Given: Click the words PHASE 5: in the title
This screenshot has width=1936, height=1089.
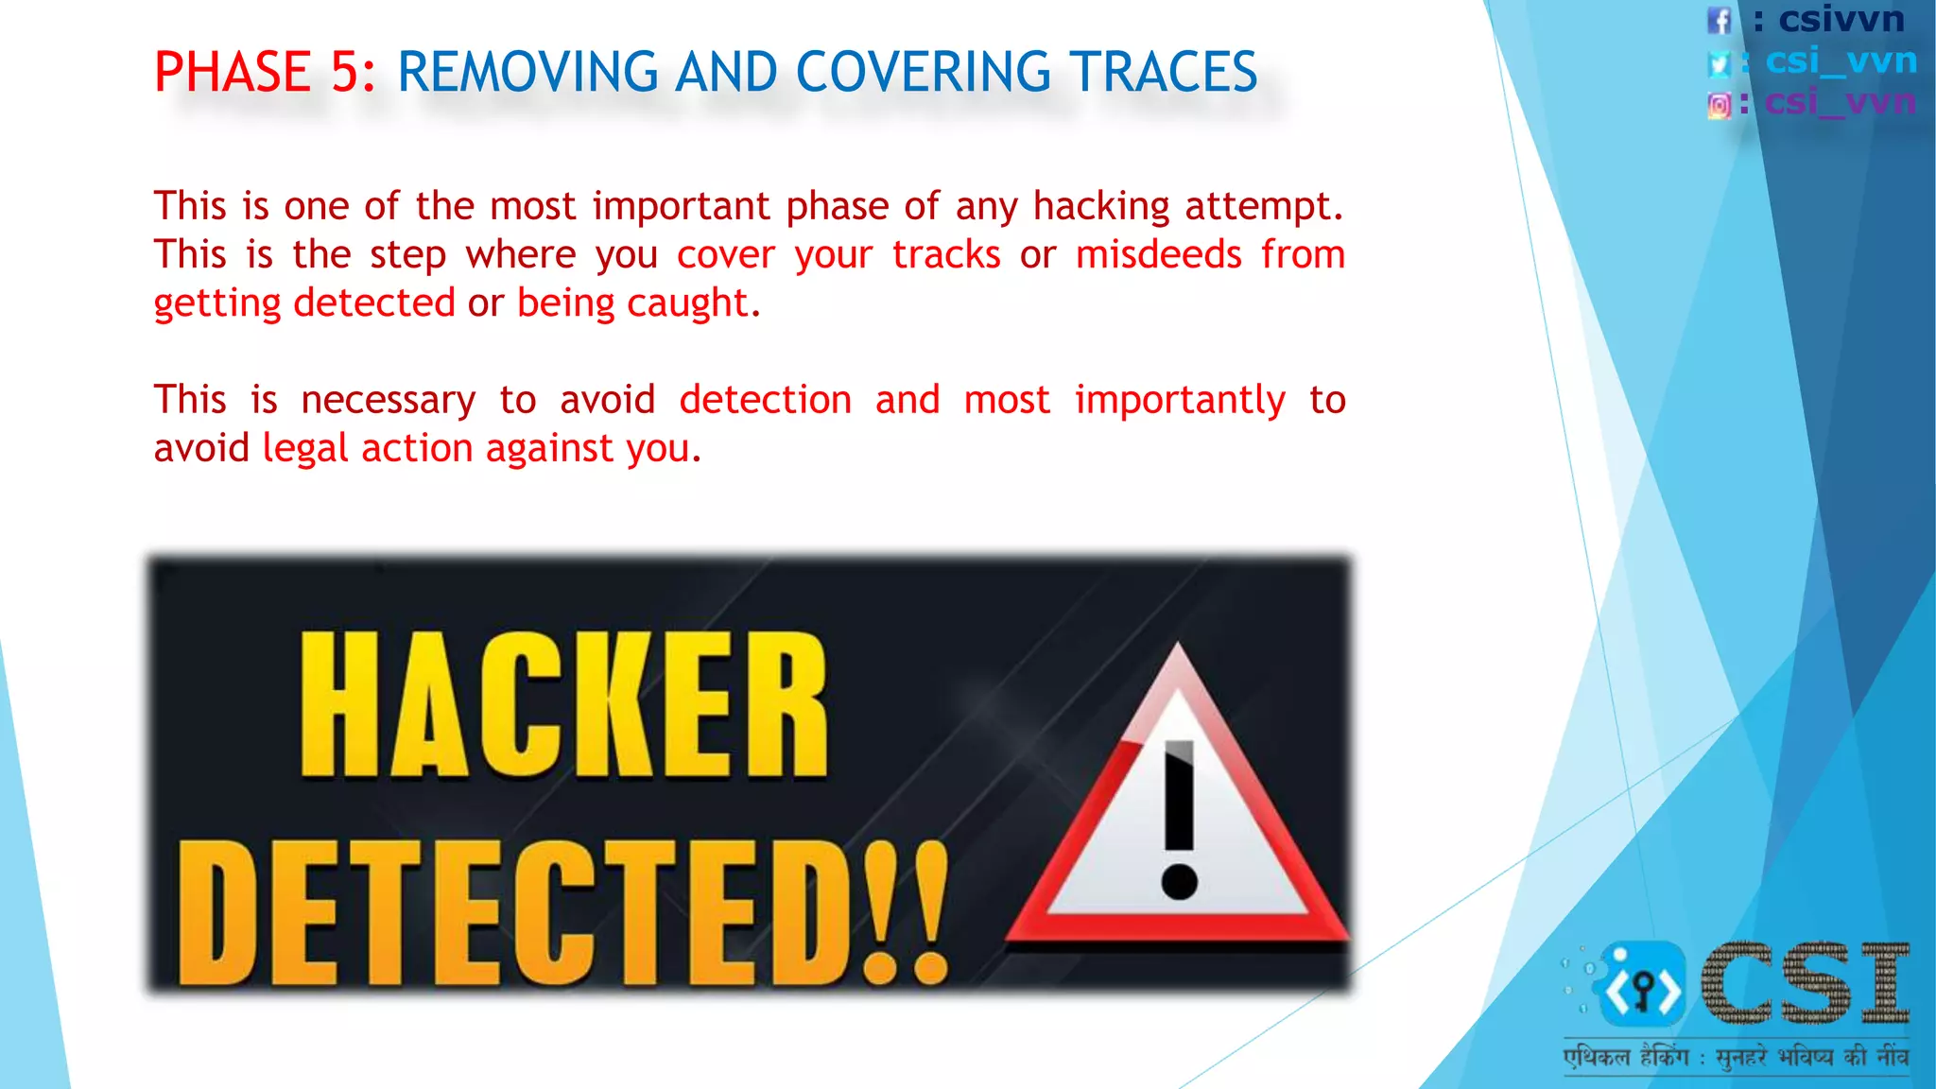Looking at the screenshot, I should point(264,73).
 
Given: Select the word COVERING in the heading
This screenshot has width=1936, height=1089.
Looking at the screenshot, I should point(922,73).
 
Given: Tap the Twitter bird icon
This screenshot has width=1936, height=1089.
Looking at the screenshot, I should point(1719,63).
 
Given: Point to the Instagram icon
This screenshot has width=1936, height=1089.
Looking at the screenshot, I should point(1719,105).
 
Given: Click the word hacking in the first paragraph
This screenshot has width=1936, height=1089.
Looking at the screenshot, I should point(1100,206).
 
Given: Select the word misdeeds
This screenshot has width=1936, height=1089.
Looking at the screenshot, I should point(1158,254).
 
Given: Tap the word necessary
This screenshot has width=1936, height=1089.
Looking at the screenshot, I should point(388,400).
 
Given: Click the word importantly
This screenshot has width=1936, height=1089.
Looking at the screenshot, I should point(1180,400).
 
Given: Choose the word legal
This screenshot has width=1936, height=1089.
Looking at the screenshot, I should point(304,448).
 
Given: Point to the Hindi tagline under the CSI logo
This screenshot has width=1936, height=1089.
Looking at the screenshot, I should point(1736,1056).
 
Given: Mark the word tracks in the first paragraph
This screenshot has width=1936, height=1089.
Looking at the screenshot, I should point(945,254).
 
